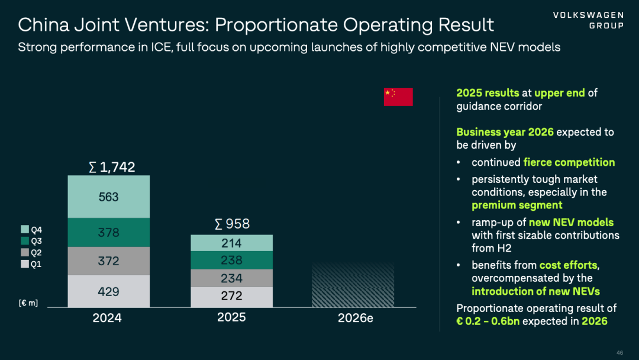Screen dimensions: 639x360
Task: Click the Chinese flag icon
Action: (398, 97)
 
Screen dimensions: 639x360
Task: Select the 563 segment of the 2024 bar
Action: (109, 197)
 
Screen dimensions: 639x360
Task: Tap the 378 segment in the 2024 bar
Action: (109, 232)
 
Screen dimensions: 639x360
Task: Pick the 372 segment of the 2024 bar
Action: (109, 261)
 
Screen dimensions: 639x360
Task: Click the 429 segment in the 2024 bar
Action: (109, 291)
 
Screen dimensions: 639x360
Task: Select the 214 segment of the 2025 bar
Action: (231, 243)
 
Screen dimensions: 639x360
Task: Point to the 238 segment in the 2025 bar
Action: (231, 260)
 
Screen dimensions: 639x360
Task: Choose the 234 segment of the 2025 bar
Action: (231, 278)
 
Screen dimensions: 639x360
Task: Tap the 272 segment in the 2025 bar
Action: (231, 297)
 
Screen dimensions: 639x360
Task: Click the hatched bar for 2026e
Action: (353, 285)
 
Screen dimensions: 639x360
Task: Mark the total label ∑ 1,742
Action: (112, 167)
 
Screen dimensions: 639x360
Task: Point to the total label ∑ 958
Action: (233, 224)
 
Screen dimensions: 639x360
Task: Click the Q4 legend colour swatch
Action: (25, 230)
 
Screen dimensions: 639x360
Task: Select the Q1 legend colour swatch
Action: (25, 263)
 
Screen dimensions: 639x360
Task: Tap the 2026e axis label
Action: (356, 318)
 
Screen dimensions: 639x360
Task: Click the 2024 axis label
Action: (107, 318)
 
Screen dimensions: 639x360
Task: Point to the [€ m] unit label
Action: (28, 303)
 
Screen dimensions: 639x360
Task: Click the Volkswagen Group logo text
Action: (589, 20)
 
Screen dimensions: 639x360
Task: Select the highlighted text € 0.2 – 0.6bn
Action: (488, 322)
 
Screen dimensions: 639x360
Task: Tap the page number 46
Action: (620, 353)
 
